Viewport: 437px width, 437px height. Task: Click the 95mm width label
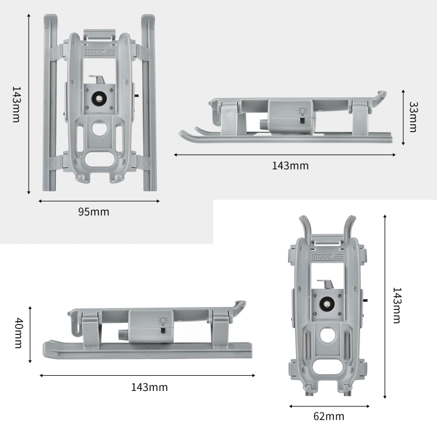94,212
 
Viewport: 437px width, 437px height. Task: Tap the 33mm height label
413,117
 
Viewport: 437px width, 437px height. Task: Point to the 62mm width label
328,416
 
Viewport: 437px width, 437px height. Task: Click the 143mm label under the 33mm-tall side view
290,165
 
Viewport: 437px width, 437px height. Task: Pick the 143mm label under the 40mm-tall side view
149,387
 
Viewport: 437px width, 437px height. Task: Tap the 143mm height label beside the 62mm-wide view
397,305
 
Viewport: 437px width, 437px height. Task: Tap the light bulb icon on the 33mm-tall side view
302,111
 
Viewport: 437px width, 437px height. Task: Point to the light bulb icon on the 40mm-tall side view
163,322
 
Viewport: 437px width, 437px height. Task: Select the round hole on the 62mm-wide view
328,335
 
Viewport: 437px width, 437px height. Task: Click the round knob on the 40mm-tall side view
124,336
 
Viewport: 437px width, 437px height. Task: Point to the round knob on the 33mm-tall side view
264,125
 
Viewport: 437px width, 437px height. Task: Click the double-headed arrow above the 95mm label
99,201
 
